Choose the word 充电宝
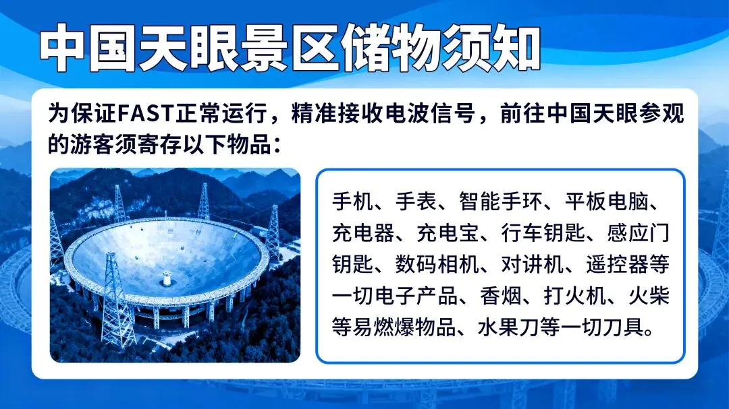[x=448, y=233]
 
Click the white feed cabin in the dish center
[x=167, y=278]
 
